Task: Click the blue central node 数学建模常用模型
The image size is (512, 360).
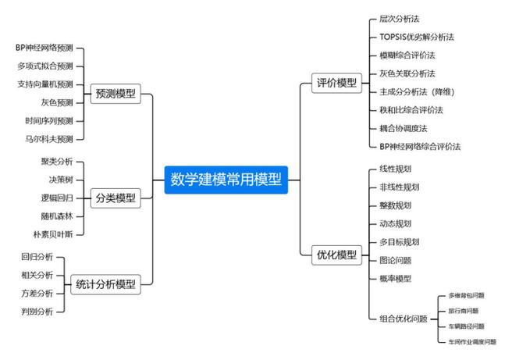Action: [x=226, y=180]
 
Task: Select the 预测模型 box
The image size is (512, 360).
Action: [x=115, y=94]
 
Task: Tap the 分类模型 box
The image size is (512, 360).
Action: [x=115, y=198]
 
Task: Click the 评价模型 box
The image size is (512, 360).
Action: [x=336, y=83]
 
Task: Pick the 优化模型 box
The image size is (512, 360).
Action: [x=336, y=255]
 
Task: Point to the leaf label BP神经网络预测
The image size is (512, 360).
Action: [x=44, y=48]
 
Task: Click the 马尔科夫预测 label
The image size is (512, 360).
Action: [x=48, y=139]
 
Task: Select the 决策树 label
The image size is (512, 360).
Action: [x=57, y=179]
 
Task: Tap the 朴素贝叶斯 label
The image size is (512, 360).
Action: [x=52, y=233]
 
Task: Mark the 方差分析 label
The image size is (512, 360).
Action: [x=37, y=294]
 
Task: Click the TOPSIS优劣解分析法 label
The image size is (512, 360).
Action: [x=416, y=37]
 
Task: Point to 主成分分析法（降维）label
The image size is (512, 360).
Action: [x=417, y=91]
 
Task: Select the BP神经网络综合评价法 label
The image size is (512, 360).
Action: [x=419, y=146]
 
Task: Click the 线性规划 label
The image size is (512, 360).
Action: [x=395, y=169]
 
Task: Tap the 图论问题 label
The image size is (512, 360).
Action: [x=395, y=260]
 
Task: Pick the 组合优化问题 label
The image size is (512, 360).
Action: [x=403, y=319]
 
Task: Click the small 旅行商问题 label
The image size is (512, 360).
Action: [x=464, y=311]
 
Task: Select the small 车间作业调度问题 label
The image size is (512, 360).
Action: [x=471, y=341]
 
